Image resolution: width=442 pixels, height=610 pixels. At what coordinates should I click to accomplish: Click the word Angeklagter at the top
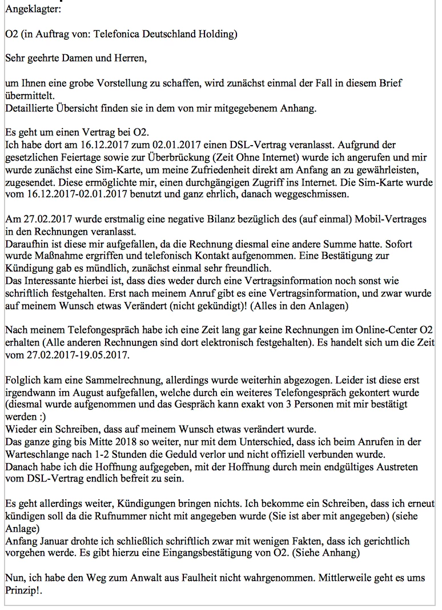coord(29,9)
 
